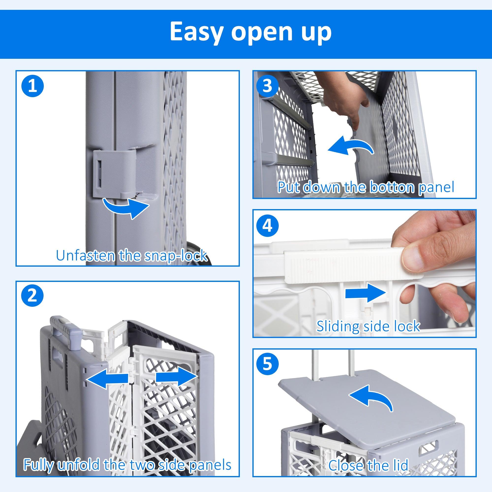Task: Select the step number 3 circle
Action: coord(267,86)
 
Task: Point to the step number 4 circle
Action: coord(267,226)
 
